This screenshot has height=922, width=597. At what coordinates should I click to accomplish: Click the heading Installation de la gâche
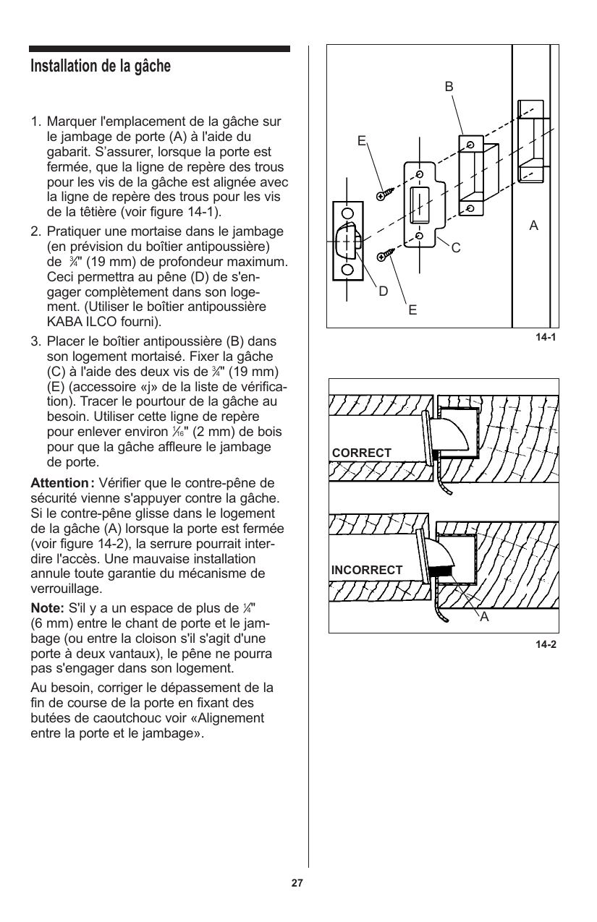point(101,67)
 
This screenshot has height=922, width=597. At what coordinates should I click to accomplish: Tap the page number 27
point(297,884)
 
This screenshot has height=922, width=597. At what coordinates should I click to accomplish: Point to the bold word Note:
point(46,607)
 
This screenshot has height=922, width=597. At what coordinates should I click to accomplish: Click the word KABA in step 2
point(62,321)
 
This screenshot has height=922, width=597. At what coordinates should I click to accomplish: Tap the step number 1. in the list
point(35,121)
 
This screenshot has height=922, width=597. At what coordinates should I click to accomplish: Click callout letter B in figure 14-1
point(449,86)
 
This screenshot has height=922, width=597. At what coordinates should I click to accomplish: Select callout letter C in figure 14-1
point(456,248)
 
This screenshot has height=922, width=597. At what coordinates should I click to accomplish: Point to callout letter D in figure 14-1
point(384,291)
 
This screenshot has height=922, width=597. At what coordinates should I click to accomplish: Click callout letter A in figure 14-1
point(534,226)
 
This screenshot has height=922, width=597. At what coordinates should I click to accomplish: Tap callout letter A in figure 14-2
point(484,617)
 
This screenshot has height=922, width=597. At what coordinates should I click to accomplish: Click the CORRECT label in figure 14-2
point(362,453)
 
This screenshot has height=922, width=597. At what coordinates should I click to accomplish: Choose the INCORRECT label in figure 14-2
point(367,570)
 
